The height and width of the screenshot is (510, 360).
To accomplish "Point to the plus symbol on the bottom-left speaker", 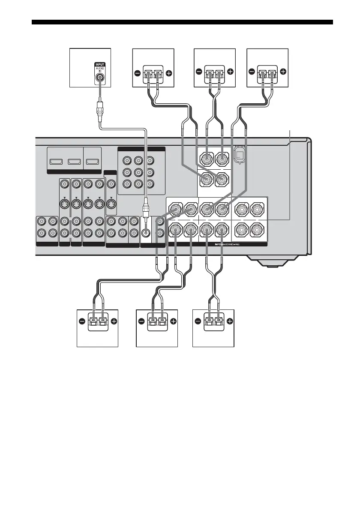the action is click(114, 321).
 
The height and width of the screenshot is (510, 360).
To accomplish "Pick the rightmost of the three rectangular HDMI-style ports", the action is click(92, 162).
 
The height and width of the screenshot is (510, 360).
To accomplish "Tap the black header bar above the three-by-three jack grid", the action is click(141, 149).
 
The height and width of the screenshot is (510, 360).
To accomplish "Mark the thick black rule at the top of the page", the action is click(183, 22).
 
